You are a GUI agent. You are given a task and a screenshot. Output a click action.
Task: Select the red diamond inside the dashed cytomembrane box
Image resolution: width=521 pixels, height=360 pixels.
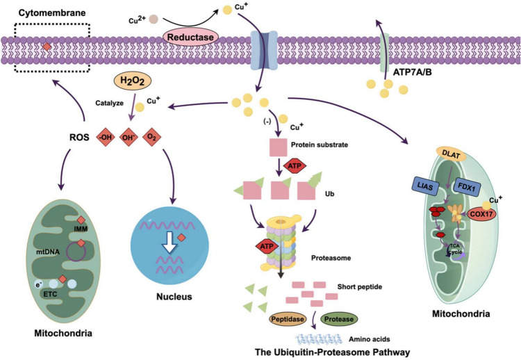(x=47, y=47)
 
